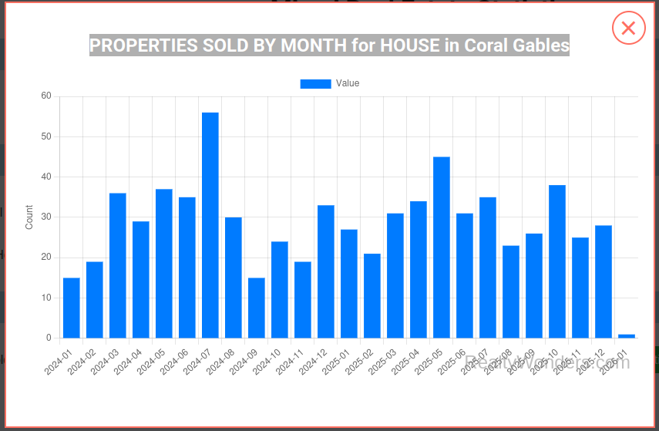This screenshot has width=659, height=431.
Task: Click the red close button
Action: [x=628, y=29]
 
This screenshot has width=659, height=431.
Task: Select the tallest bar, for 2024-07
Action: [x=210, y=225]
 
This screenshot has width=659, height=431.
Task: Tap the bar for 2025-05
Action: [x=442, y=247]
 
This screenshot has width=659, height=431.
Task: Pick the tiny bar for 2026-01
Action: [x=627, y=335]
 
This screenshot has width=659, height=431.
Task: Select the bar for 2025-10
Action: [x=557, y=261]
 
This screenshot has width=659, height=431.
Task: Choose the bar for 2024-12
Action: [x=326, y=271]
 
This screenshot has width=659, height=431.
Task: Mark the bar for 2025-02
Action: [x=372, y=295]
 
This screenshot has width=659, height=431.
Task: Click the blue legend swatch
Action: [x=315, y=84]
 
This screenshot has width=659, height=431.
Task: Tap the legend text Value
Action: [x=348, y=83]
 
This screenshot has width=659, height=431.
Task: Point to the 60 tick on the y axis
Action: [x=46, y=96]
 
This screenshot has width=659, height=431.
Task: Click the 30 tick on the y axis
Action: [x=46, y=217]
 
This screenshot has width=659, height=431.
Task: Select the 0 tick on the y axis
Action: [x=49, y=338]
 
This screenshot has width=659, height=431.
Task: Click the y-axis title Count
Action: [x=29, y=217]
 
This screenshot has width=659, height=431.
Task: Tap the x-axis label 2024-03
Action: [x=106, y=362]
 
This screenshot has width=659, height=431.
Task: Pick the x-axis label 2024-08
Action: [x=221, y=362]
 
